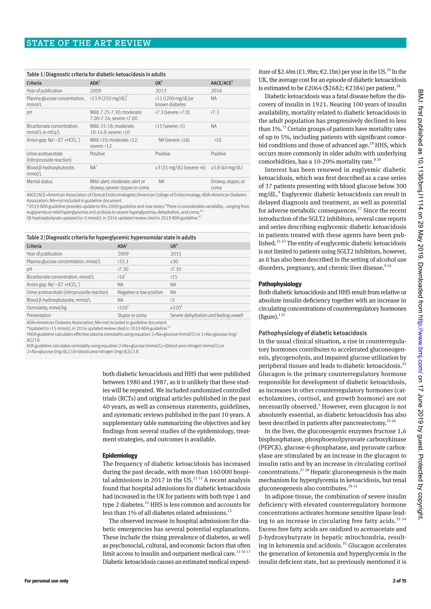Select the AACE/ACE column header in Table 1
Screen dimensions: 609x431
coord(222,83)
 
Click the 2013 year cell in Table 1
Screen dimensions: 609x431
coord(161,91)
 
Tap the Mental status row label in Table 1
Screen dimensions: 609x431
coord(40,181)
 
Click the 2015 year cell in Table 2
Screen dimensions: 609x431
coord(176,254)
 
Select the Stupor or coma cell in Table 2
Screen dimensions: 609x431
coord(132,315)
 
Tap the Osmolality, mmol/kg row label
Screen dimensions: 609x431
coord(47,308)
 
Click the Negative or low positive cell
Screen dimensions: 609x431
coord(140,292)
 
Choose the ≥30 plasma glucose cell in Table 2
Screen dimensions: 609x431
coord(174,262)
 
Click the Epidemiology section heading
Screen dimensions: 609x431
coord(120,455)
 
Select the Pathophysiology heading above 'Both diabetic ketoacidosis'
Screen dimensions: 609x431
coord(280,284)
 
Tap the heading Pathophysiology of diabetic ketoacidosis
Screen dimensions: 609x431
coord(313,333)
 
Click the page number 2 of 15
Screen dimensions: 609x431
coord(399,581)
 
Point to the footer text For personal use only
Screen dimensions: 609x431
coord(47,581)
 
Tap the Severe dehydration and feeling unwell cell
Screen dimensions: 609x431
coord(206,315)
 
